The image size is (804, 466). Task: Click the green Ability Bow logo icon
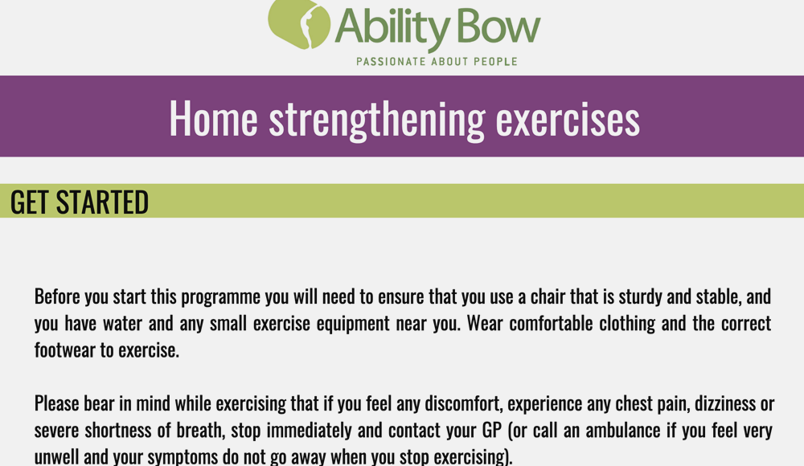pyautogui.click(x=299, y=23)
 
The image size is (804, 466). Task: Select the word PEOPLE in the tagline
pyautogui.click(x=495, y=62)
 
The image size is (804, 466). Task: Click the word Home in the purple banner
pyautogui.click(x=213, y=119)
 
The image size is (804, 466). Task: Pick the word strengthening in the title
pyautogui.click(x=377, y=121)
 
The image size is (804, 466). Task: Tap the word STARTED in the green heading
pyautogui.click(x=103, y=202)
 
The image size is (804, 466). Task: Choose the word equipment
pyautogui.click(x=353, y=325)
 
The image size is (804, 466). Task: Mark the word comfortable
pyautogui.click(x=552, y=324)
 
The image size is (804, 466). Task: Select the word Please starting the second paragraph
pyautogui.click(x=56, y=404)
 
